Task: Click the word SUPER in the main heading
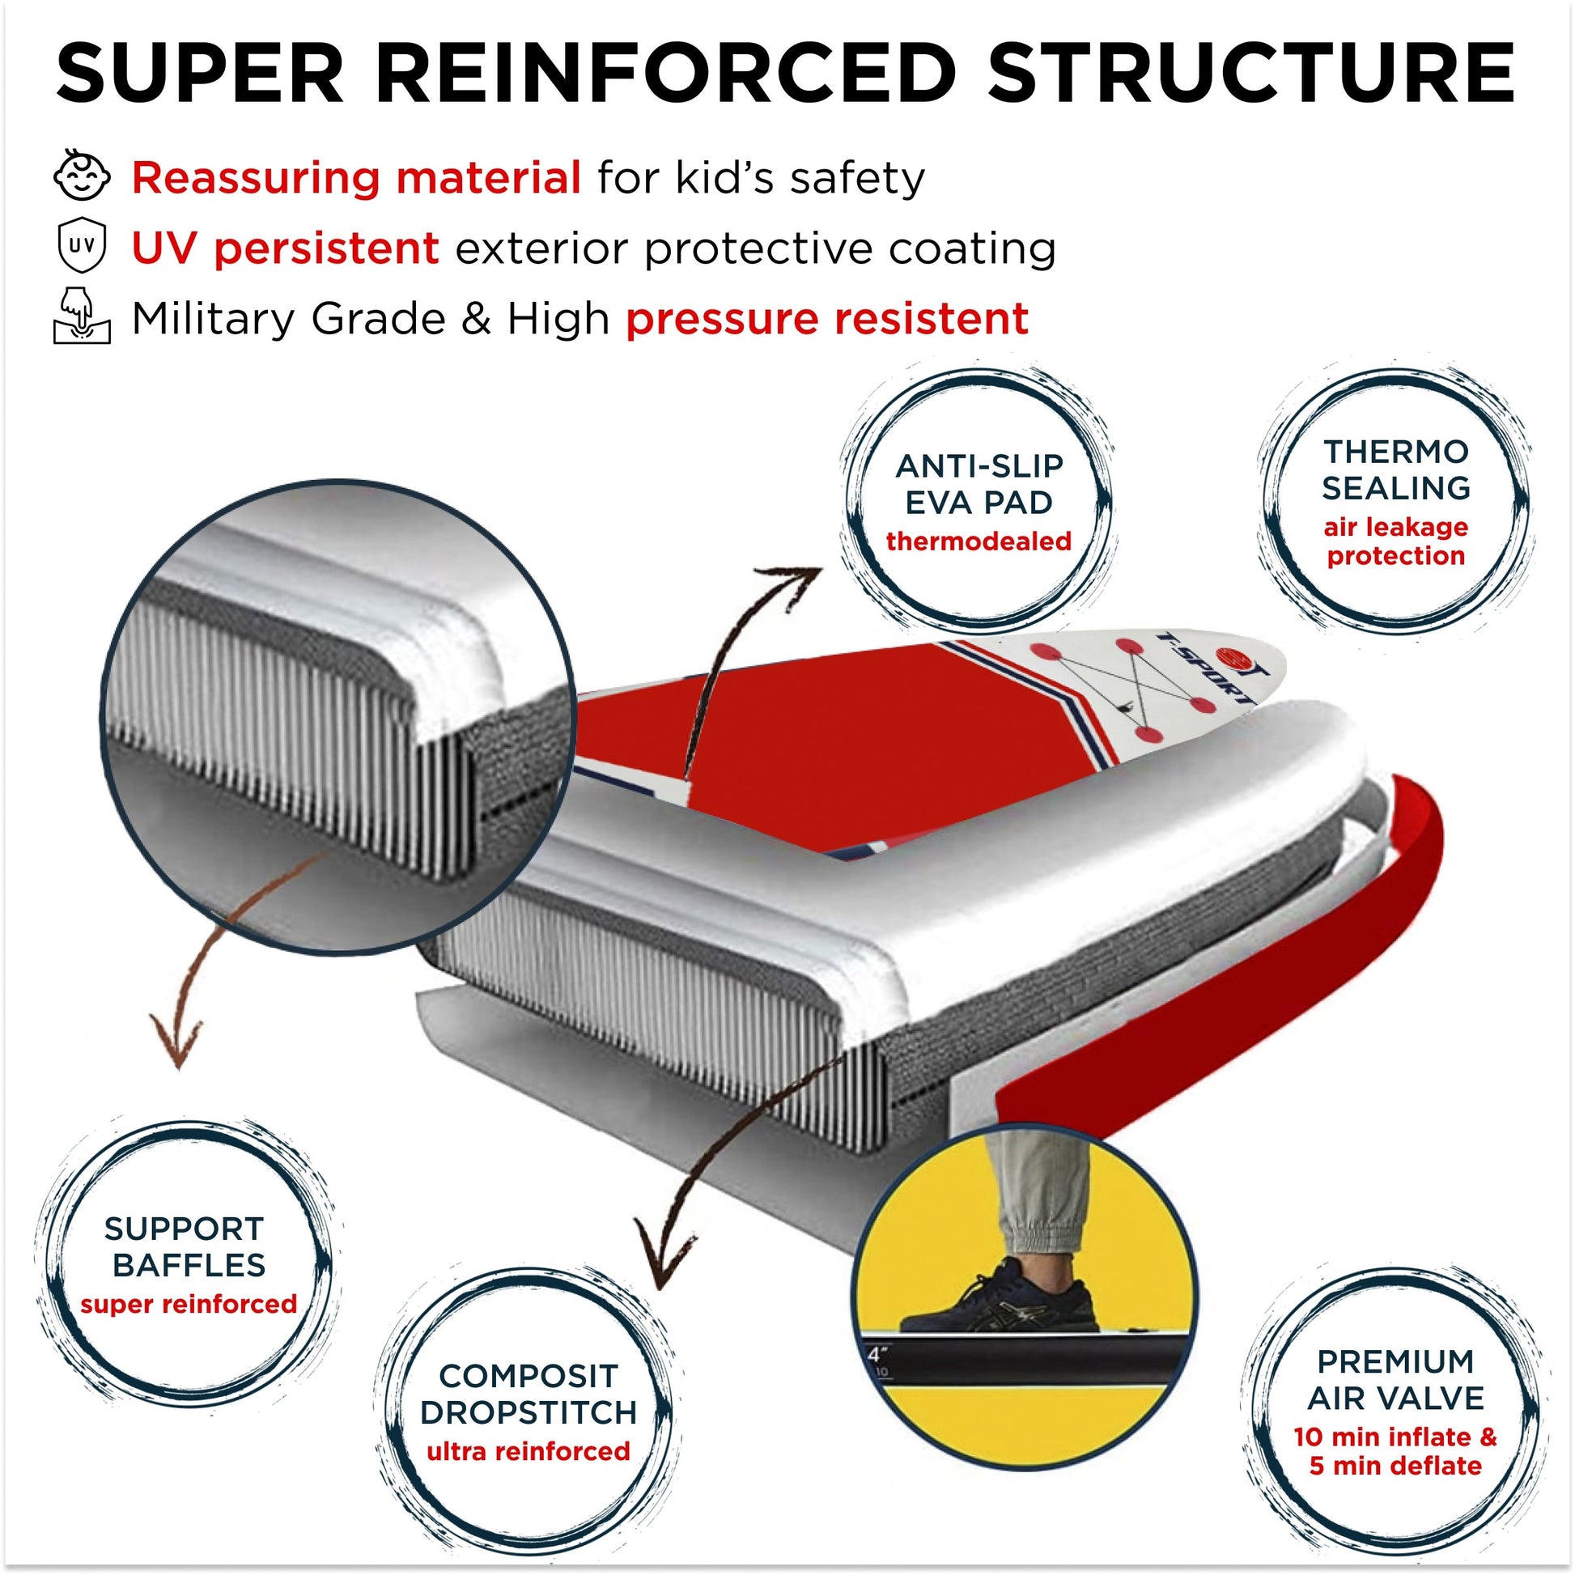point(200,73)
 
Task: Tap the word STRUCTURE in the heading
point(1251,73)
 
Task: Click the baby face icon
point(82,176)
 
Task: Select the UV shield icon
point(82,246)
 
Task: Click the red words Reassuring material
point(356,177)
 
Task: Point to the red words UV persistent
point(286,248)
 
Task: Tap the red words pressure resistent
point(826,318)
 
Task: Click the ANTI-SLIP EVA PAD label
point(979,484)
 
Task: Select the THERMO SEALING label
point(1395,469)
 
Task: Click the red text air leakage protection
point(1395,541)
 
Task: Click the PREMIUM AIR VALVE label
point(1395,1379)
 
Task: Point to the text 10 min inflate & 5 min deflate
point(1395,1451)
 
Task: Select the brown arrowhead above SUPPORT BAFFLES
point(176,1043)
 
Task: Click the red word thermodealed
point(979,541)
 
